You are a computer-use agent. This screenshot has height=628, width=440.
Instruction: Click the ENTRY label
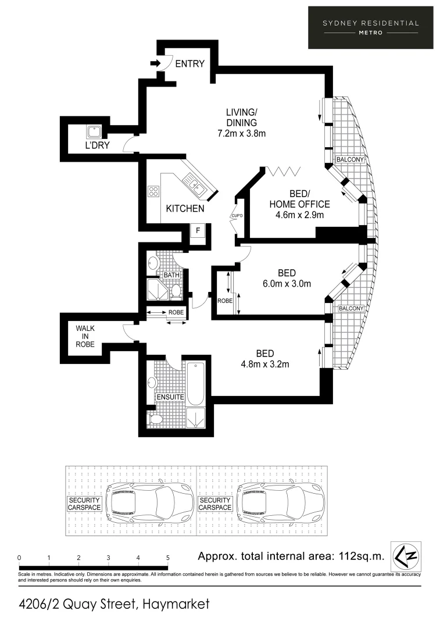click(x=190, y=63)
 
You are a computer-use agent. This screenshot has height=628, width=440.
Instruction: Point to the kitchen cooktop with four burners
click(x=154, y=191)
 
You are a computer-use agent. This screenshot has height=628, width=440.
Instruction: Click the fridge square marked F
click(x=198, y=230)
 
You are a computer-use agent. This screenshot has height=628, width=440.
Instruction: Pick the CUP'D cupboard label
click(x=237, y=216)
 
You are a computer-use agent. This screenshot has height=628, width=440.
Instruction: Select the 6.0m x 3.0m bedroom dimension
click(x=287, y=284)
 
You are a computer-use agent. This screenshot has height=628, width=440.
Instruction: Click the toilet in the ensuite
click(x=156, y=419)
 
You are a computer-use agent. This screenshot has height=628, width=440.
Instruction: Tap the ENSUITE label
click(x=170, y=397)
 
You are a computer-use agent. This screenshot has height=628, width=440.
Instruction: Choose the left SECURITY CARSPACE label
click(x=85, y=504)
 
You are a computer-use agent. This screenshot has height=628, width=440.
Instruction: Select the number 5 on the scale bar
click(x=168, y=558)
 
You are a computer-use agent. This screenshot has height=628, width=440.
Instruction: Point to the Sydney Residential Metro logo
click(x=370, y=27)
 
